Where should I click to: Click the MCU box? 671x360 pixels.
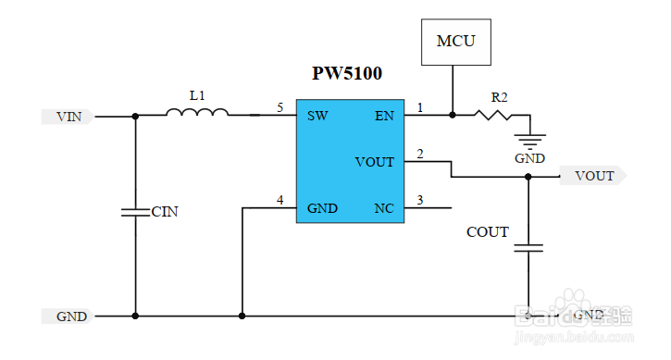click(455, 42)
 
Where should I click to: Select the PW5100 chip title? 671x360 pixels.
click(347, 74)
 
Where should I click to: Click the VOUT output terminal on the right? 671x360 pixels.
click(593, 176)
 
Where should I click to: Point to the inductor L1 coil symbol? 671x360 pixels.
click(197, 113)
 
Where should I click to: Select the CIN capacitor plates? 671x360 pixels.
click(136, 212)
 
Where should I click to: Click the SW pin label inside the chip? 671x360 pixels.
click(317, 116)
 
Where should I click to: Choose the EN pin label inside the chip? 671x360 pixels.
click(383, 116)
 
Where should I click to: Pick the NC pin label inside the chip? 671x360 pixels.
click(383, 208)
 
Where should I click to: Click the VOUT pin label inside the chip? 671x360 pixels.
click(374, 162)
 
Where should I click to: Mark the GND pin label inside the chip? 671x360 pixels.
click(322, 208)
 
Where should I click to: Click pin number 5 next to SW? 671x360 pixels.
click(280, 108)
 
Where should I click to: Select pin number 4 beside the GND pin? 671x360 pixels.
click(280, 200)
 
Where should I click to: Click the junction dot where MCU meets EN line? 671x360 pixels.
click(452, 116)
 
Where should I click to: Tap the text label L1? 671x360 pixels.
click(196, 94)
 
